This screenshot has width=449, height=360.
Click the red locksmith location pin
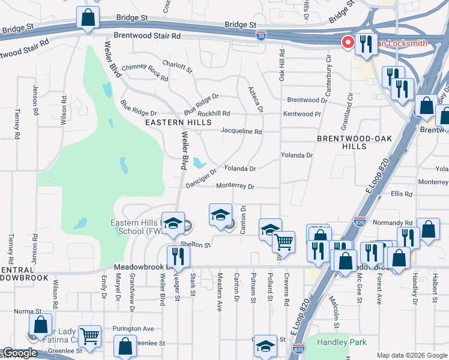click(347, 42)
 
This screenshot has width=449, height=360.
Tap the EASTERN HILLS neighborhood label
click(178, 122)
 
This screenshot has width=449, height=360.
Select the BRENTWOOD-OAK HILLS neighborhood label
click(349, 142)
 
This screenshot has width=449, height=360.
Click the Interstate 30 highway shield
click(261, 35)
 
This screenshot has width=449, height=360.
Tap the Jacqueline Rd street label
click(241, 131)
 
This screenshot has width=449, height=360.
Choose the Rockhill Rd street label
click(214, 113)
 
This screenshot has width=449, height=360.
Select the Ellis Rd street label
click(402, 194)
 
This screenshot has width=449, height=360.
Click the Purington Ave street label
click(133, 329)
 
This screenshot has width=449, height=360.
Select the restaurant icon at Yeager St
click(178, 256)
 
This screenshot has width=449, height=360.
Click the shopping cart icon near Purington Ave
click(89, 337)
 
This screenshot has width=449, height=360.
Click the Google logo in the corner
click(19, 353)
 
